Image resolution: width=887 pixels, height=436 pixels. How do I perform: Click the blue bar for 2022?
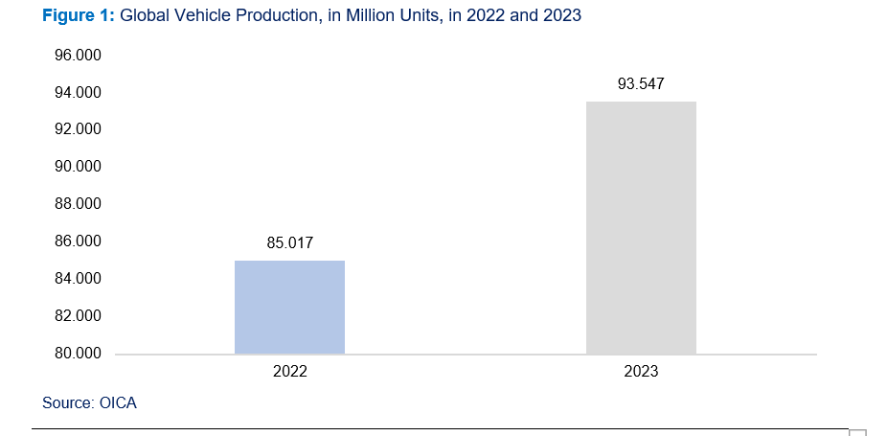pos(289,307)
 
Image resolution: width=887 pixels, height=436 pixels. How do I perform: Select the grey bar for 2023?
pos(641,227)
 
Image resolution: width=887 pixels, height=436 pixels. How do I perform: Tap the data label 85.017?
pos(289,243)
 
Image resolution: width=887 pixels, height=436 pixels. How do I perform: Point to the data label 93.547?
pos(641,84)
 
